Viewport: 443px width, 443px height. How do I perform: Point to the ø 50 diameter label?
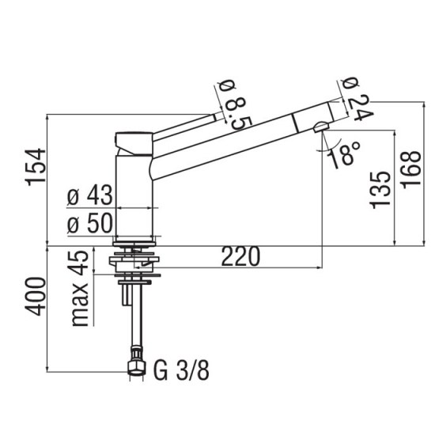[x=90, y=225]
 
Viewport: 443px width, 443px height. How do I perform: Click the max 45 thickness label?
[x=80, y=288]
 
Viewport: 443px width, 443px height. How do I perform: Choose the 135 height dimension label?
[x=380, y=189]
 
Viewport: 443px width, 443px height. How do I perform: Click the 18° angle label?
[x=345, y=156]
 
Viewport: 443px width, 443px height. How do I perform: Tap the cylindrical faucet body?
[x=134, y=195]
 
